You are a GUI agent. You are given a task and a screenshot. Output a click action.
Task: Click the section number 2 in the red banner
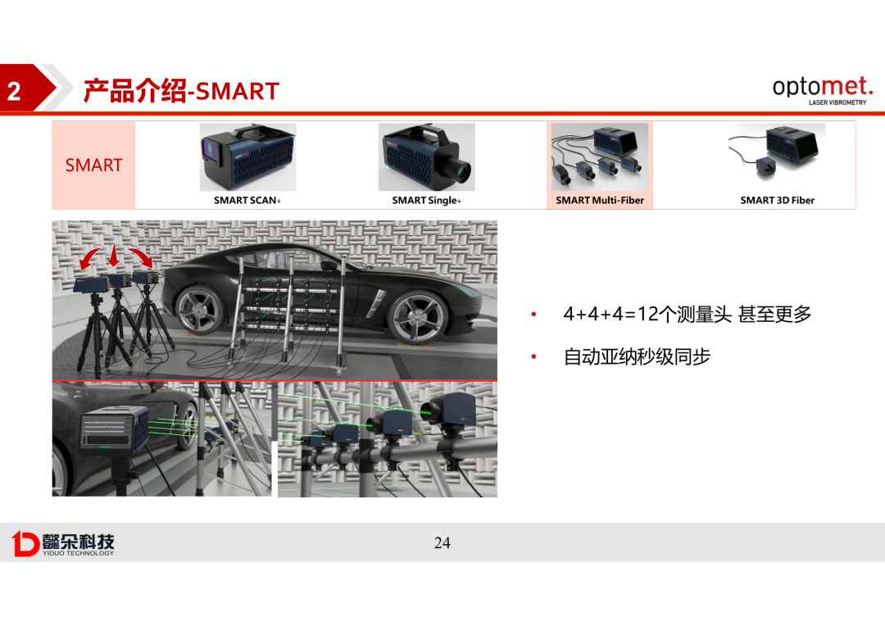coord(14,91)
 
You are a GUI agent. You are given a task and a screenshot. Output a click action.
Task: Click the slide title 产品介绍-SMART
coord(181,90)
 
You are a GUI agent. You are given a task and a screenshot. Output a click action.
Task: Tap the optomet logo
coord(823,90)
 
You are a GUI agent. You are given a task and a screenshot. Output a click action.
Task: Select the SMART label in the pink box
coord(93,165)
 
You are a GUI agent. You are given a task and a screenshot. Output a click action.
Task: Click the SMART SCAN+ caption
coord(247,201)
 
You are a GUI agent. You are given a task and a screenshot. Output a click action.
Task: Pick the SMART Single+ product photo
coord(427,157)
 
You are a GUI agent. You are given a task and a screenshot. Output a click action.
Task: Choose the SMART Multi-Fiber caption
coord(599,201)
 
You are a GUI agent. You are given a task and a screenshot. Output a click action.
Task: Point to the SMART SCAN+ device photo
coord(247,157)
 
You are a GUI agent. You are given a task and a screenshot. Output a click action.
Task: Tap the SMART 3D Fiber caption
coord(777,201)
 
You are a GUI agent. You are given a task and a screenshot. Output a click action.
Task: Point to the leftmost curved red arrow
coord(89,259)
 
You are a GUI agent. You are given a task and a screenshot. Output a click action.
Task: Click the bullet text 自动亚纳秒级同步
coord(638,356)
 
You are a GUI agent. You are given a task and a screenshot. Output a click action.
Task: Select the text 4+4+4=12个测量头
coord(647,314)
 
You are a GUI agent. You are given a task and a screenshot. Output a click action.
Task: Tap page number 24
coord(442,543)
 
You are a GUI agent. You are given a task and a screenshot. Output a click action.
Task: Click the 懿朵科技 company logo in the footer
coord(62,543)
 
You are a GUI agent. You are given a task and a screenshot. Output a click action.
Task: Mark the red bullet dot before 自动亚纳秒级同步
coord(534,356)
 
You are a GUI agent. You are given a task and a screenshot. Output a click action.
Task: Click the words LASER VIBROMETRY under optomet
coord(837,102)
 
